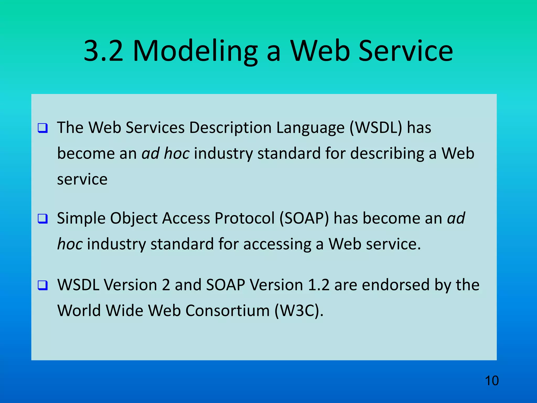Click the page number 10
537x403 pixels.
[492, 381]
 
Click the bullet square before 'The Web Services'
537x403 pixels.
[43, 128]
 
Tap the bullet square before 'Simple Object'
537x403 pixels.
[43, 219]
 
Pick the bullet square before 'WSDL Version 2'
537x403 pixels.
[43, 285]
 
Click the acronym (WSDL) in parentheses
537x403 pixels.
[376, 128]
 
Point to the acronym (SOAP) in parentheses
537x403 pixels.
[304, 218]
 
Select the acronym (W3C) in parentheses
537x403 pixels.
[299, 311]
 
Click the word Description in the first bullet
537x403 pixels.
[230, 128]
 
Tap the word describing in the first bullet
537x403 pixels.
[387, 153]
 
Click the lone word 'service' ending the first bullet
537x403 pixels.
[82, 179]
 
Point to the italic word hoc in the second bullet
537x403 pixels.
[70, 244]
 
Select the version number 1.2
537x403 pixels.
[318, 285]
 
